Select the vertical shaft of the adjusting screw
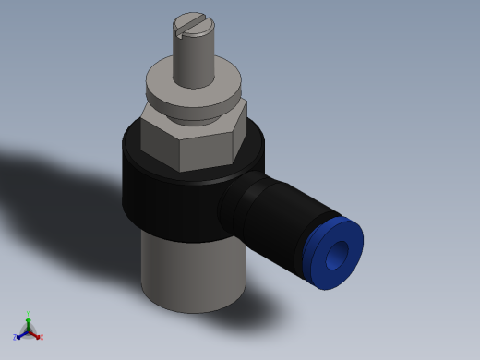pyautogui.click(x=194, y=61)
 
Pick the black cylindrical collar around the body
pyautogui.click(x=166, y=198)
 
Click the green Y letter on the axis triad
pyautogui.click(x=29, y=314)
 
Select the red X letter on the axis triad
pyautogui.click(x=42, y=337)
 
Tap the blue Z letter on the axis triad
pyautogui.click(x=16, y=338)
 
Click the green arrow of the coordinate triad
pyautogui.click(x=29, y=322)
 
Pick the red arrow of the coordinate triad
pyautogui.click(x=35, y=333)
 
